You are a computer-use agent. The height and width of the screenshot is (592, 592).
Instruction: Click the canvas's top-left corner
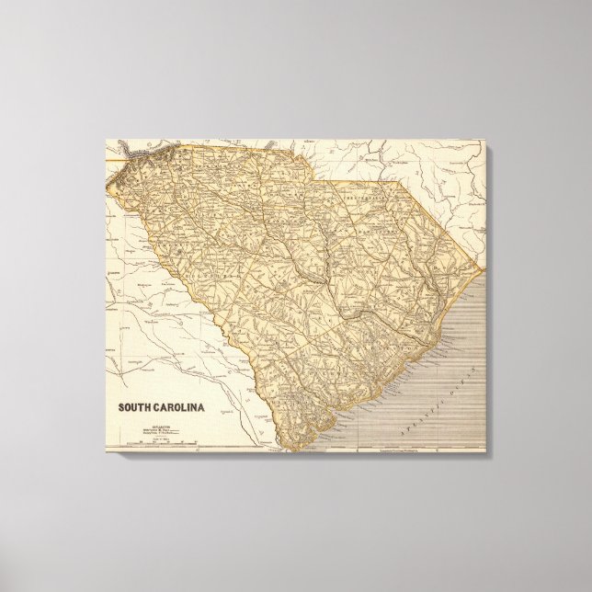click(103, 139)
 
